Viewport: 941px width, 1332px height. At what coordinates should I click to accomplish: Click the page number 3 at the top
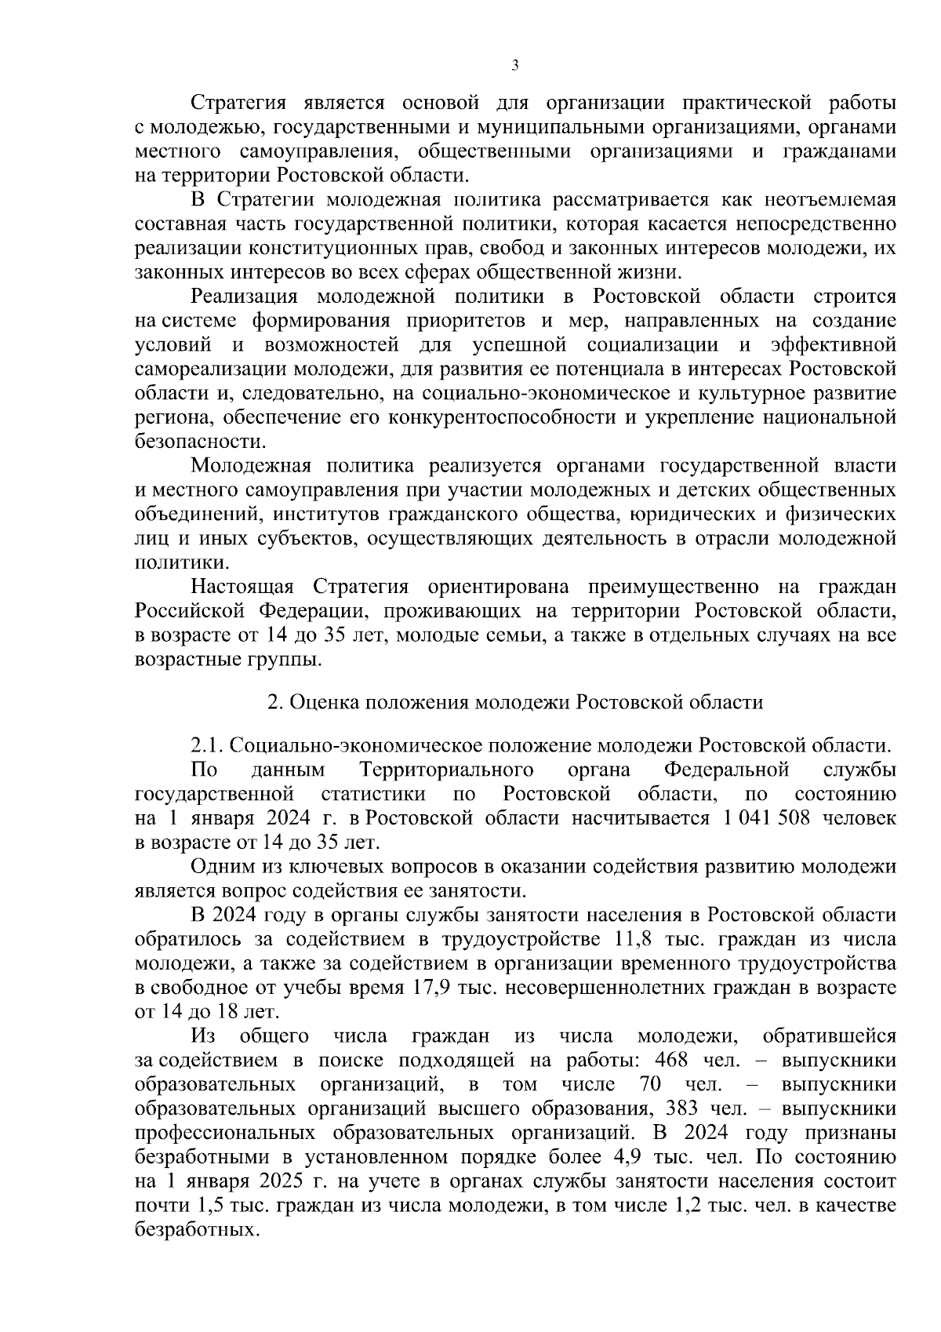(x=514, y=66)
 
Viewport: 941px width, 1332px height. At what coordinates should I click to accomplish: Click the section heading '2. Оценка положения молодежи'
(x=514, y=701)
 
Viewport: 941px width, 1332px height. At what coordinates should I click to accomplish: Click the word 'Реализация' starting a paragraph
(x=245, y=297)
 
